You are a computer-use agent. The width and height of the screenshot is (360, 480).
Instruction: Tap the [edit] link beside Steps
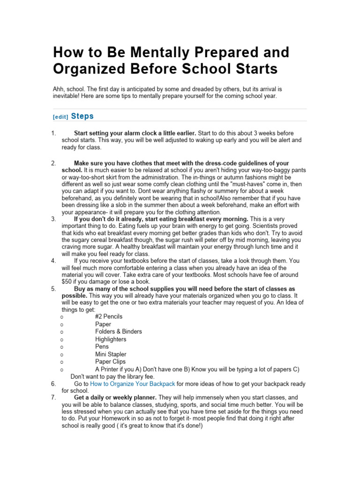coord(60,117)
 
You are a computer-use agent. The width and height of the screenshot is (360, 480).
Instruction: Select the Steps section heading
coord(82,116)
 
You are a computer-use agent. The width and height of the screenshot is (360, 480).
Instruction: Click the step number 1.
coord(53,133)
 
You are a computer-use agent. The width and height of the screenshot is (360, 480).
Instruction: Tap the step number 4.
coord(53,260)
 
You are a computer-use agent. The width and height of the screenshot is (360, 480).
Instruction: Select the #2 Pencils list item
coord(109,317)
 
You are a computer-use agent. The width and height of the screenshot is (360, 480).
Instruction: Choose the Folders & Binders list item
coord(119,332)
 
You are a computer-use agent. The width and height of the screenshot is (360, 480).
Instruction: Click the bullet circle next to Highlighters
coord(62,339)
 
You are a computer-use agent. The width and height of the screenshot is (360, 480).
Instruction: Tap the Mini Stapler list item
coord(111,354)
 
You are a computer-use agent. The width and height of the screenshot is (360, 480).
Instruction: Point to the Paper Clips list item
coord(110,362)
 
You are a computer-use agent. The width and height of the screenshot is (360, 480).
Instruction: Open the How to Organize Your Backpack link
coord(133,384)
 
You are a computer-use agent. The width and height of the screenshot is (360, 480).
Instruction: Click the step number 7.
coord(53,397)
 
